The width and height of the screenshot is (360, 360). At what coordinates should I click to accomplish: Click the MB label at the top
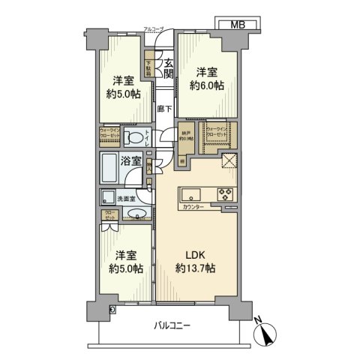point(237,25)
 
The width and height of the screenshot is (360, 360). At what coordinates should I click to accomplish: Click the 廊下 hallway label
point(164,109)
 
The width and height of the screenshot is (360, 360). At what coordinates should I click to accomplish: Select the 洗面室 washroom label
point(125,199)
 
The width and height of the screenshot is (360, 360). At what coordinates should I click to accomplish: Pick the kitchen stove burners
point(226,193)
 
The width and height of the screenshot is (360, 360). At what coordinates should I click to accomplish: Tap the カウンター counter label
point(193,206)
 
